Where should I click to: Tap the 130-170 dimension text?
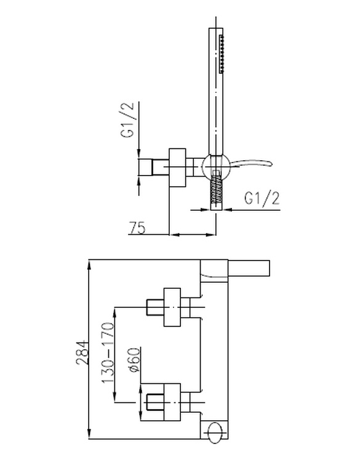coord(108,353)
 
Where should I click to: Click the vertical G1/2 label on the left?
coord(127,120)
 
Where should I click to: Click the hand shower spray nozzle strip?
coord(222,54)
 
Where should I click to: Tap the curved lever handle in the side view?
coord(250,164)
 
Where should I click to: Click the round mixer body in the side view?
coord(216,167)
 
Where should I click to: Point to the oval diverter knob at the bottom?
coord(216,433)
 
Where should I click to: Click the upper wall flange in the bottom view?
coord(172,307)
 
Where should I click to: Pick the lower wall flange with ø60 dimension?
coord(172,402)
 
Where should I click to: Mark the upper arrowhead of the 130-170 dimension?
coord(115,312)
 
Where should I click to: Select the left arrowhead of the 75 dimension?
coord(175,235)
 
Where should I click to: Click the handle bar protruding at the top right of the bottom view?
coord(249,268)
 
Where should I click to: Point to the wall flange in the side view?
coord(177,168)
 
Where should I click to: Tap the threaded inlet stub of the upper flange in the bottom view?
coord(155,307)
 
